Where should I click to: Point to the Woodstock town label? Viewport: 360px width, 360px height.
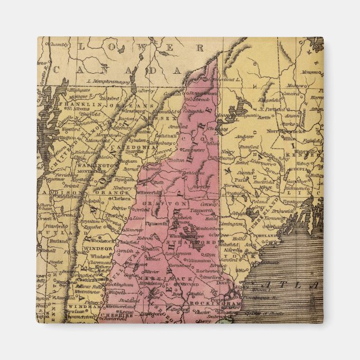coord(102,241)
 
